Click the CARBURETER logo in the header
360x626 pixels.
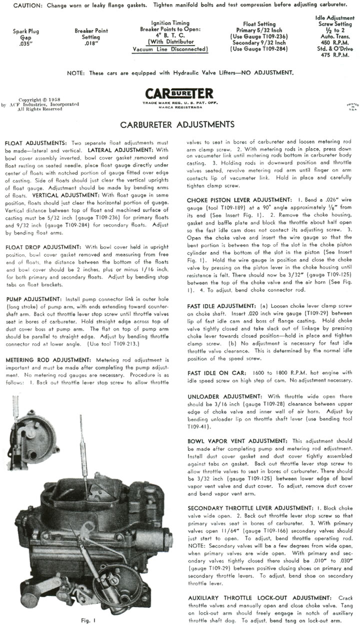[179, 94]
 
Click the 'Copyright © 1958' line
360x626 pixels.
[38, 100]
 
